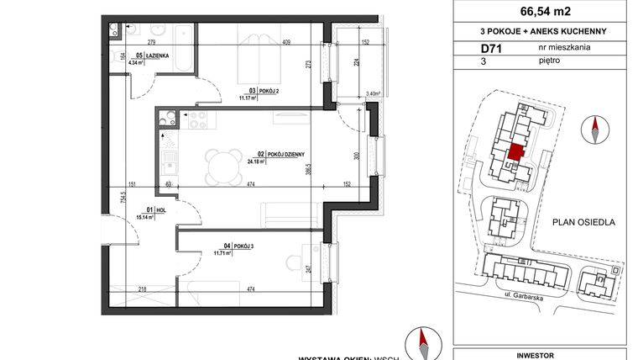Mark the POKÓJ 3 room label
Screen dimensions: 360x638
tap(222, 245)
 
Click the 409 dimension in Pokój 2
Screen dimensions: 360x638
tap(285, 42)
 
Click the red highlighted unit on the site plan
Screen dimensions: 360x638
tap(517, 151)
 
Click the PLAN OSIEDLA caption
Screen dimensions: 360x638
tap(583, 223)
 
